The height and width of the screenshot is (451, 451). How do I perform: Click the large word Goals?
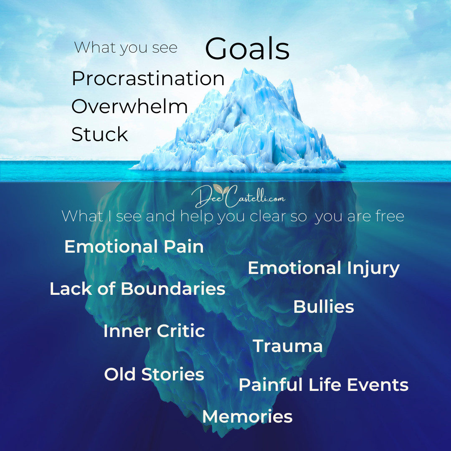pyautogui.click(x=247, y=48)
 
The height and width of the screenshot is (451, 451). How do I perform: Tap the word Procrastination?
pyautogui.click(x=148, y=79)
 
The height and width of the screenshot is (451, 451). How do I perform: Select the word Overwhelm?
pyautogui.click(x=129, y=106)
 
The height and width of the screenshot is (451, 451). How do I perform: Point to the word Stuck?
pyautogui.click(x=99, y=134)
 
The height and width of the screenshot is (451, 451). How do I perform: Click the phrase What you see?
pyautogui.click(x=126, y=48)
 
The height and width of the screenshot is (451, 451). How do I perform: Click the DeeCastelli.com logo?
pyautogui.click(x=238, y=196)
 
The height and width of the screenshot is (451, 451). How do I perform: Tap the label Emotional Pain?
pyautogui.click(x=134, y=246)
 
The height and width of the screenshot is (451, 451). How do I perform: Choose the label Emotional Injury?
pyautogui.click(x=324, y=269)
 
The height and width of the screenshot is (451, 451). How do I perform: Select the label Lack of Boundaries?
pyautogui.click(x=137, y=289)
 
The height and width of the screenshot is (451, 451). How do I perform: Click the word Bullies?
pyautogui.click(x=324, y=307)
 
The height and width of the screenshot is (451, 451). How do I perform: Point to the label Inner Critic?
pyautogui.click(x=154, y=331)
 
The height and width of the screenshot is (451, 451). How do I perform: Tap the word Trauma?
pyautogui.click(x=288, y=346)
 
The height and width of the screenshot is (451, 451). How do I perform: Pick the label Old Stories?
pyautogui.click(x=154, y=374)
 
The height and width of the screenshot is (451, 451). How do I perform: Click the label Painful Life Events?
pyautogui.click(x=324, y=385)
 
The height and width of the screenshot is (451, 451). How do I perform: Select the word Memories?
pyautogui.click(x=247, y=416)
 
